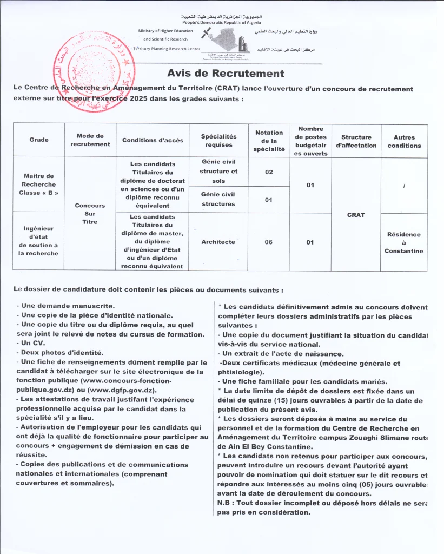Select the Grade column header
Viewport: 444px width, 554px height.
tap(39, 140)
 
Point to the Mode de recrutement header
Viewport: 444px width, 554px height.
tap(90, 140)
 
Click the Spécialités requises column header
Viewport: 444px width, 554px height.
tap(218, 141)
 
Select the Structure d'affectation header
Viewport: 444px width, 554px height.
tap(356, 141)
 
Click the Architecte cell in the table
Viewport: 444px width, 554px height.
tap(218, 242)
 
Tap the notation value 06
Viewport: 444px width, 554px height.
tap(269, 242)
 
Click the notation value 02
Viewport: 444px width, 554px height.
tap(269, 172)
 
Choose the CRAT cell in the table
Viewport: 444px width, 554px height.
tap(356, 215)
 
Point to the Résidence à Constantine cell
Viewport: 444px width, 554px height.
tap(404, 242)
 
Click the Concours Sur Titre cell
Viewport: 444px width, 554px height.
tap(90, 214)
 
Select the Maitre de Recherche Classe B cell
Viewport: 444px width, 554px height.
tap(39, 184)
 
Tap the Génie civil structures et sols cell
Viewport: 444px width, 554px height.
tap(218, 171)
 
